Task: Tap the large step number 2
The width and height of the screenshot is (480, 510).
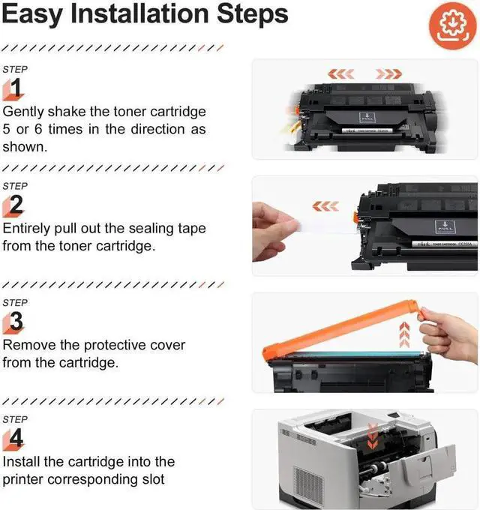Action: coord(16,205)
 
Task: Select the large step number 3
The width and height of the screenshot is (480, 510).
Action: coord(16,322)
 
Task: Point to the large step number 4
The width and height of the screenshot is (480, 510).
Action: coord(16,439)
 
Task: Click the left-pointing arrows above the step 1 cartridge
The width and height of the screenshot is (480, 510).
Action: coord(342,73)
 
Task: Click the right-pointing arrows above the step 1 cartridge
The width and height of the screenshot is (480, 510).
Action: coord(388,73)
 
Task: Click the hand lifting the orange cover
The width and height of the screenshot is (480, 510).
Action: coord(450,331)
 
